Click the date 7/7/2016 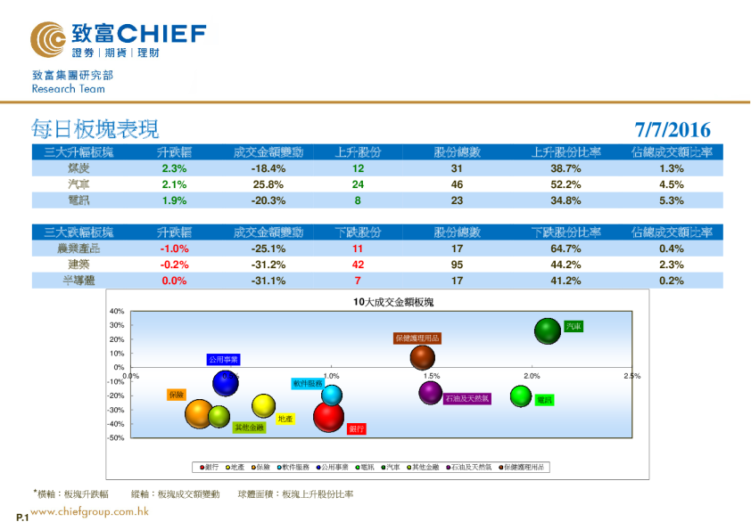tap(673, 130)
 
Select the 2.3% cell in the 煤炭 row tap(174, 168)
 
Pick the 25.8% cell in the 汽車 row tap(268, 184)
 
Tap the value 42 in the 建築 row tap(358, 265)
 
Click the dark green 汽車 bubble tap(549, 331)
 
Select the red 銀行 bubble tap(329, 416)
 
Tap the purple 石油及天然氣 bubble tap(431, 392)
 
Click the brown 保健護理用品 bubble tap(423, 357)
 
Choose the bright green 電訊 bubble tap(521, 395)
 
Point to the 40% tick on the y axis tap(117, 311)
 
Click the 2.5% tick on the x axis tap(631, 376)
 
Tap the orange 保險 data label tap(176, 394)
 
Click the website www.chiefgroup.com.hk tap(89, 512)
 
